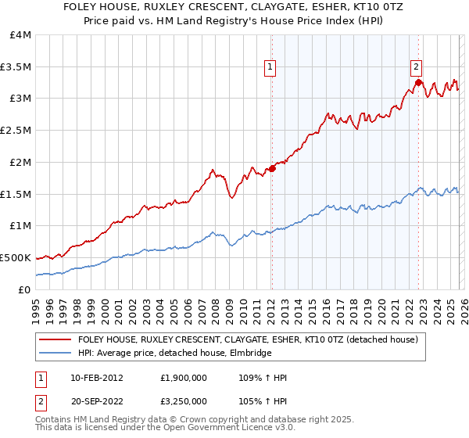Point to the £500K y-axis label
tap(16, 257)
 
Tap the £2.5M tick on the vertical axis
tap(16, 131)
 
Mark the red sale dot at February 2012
tap(272, 168)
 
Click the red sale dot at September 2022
tap(419, 82)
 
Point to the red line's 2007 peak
tap(212, 169)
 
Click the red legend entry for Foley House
tap(249, 339)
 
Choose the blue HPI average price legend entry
tap(174, 354)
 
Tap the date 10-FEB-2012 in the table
tap(95, 379)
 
